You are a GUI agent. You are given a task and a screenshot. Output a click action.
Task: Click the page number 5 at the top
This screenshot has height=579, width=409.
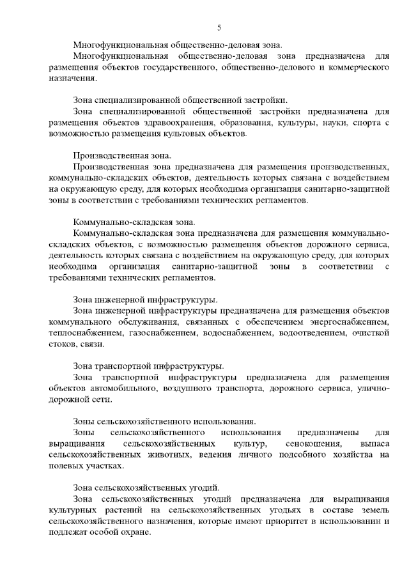pos(219,27)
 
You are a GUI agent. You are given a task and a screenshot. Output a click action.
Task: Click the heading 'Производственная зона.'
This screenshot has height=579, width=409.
pos(122,155)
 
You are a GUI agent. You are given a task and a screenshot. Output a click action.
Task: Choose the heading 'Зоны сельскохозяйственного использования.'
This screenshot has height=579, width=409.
pos(165,421)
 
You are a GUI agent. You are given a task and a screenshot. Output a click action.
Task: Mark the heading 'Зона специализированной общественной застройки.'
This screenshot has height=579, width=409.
pos(180,100)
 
